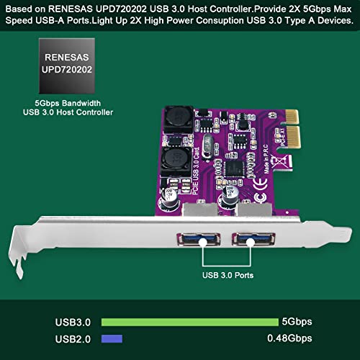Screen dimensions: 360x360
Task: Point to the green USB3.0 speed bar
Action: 189,321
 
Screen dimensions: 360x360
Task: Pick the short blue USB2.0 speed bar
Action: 112,338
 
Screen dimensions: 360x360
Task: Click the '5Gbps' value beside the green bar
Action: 300,321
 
